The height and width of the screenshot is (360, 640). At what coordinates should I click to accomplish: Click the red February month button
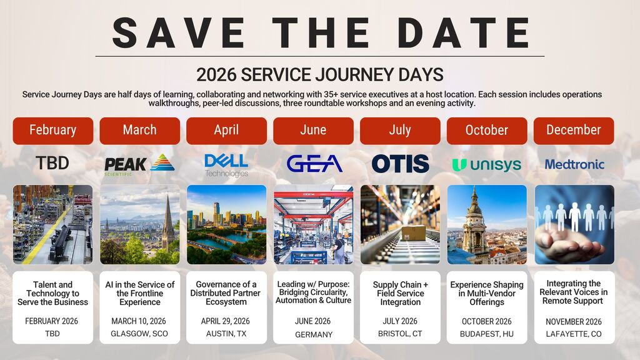click(x=53, y=131)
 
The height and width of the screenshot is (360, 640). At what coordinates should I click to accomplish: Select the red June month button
click(x=314, y=131)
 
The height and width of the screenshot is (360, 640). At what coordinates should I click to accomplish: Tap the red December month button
click(x=574, y=131)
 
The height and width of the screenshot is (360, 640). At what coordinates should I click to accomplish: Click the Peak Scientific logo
click(x=139, y=164)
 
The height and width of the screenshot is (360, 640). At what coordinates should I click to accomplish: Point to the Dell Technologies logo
click(x=226, y=165)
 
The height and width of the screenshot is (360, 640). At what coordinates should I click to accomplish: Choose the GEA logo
click(x=314, y=164)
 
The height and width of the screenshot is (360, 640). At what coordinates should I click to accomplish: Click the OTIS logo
click(x=400, y=164)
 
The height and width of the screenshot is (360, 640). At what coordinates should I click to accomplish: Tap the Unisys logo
click(x=486, y=164)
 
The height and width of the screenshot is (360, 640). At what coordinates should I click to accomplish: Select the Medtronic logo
click(x=574, y=164)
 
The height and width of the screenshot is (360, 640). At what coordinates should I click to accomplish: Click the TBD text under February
click(x=52, y=163)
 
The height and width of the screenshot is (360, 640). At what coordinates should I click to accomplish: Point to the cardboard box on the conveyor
click(x=413, y=232)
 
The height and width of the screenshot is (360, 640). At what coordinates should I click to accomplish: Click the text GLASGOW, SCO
click(x=139, y=334)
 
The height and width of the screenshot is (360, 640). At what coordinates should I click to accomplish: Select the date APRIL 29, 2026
click(x=225, y=321)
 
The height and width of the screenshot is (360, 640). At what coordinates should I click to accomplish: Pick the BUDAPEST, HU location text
click(x=486, y=334)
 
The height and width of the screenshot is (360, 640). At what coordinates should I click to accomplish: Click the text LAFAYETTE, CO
click(x=574, y=334)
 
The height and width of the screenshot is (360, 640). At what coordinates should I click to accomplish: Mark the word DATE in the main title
click(x=463, y=32)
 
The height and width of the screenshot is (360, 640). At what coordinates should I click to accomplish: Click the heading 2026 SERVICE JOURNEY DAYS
click(x=319, y=75)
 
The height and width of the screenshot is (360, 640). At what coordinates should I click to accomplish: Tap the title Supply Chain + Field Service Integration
click(x=400, y=294)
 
